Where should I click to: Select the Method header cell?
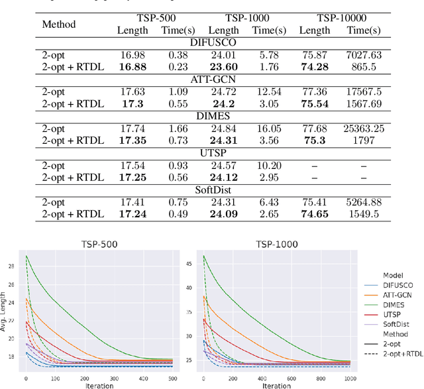60,24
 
